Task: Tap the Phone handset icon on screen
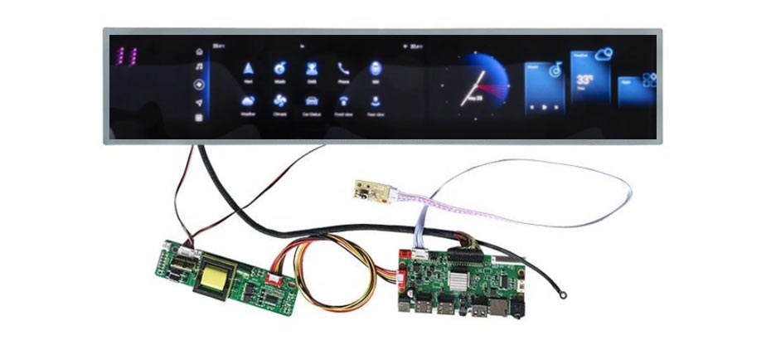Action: coord(342,68)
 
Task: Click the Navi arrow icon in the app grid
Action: coord(248,68)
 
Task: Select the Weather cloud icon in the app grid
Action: coord(248,101)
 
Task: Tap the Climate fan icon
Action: coord(279,101)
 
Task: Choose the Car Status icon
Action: coord(311,101)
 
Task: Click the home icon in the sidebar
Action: coord(199,51)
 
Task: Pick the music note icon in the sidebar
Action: coord(199,67)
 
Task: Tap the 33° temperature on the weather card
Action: coord(585,80)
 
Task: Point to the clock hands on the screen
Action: coord(476,86)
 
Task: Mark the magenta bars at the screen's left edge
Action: coord(127,56)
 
